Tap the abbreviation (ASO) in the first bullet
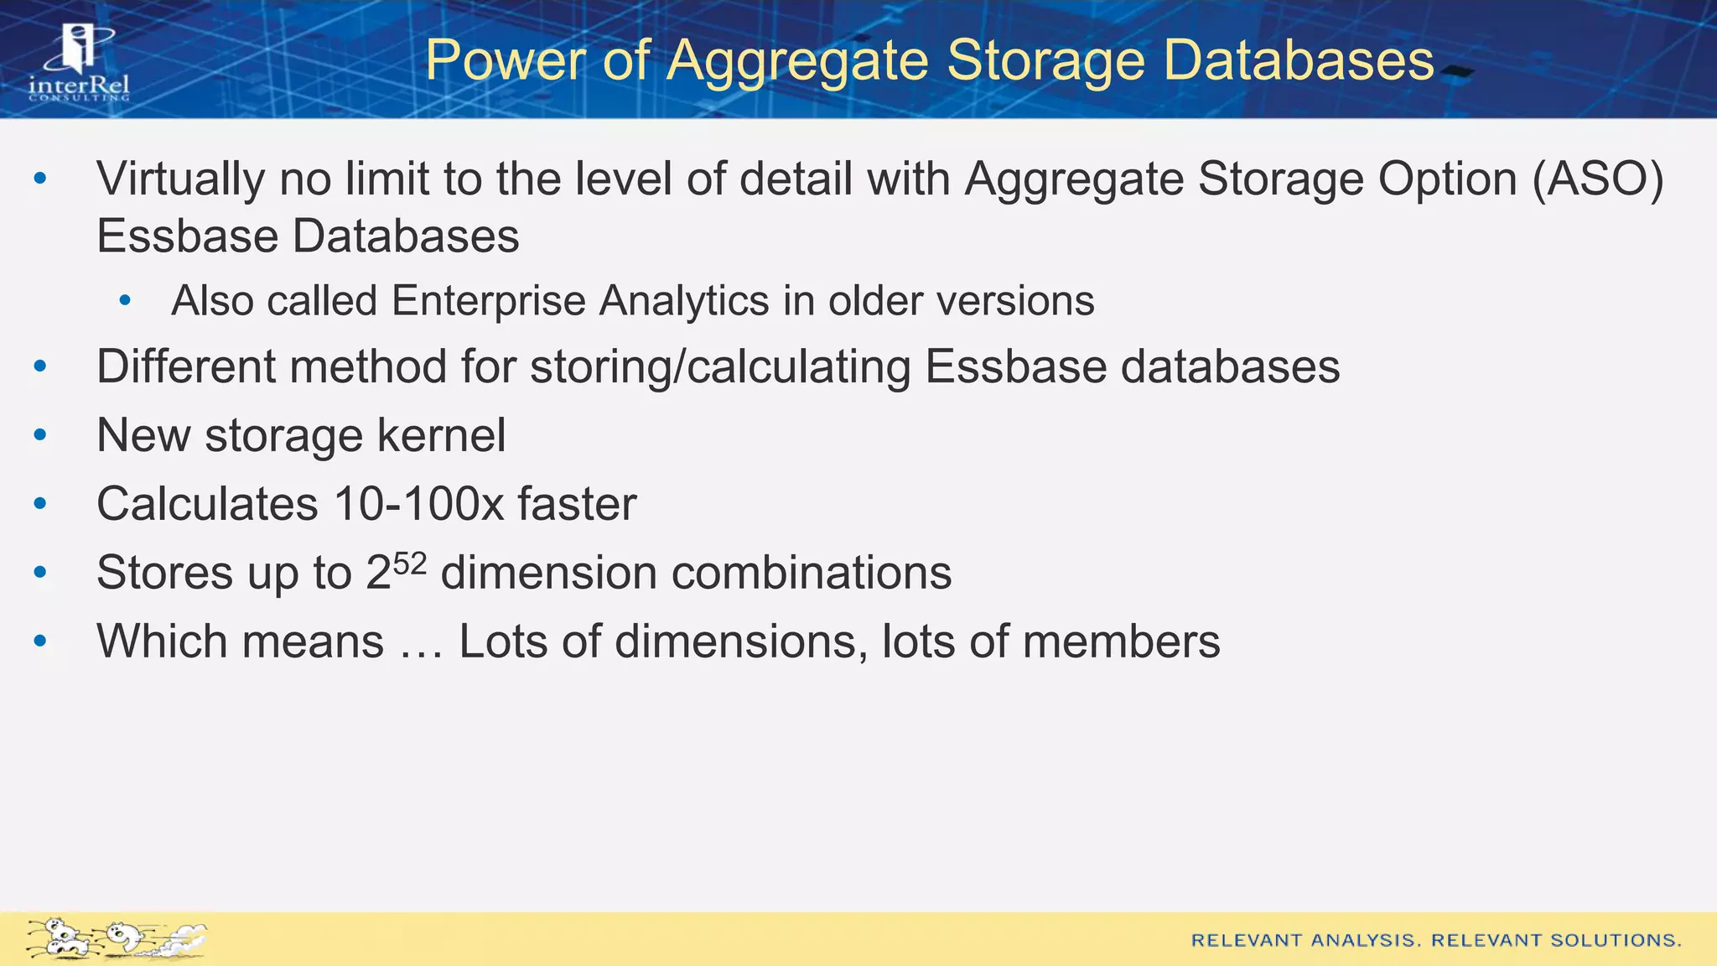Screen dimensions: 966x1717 click(1597, 179)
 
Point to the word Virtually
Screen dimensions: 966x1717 click(180, 179)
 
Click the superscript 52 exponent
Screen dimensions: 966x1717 click(410, 563)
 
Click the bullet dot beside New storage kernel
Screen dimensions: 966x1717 click(40, 435)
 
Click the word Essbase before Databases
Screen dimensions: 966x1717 click(187, 236)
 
